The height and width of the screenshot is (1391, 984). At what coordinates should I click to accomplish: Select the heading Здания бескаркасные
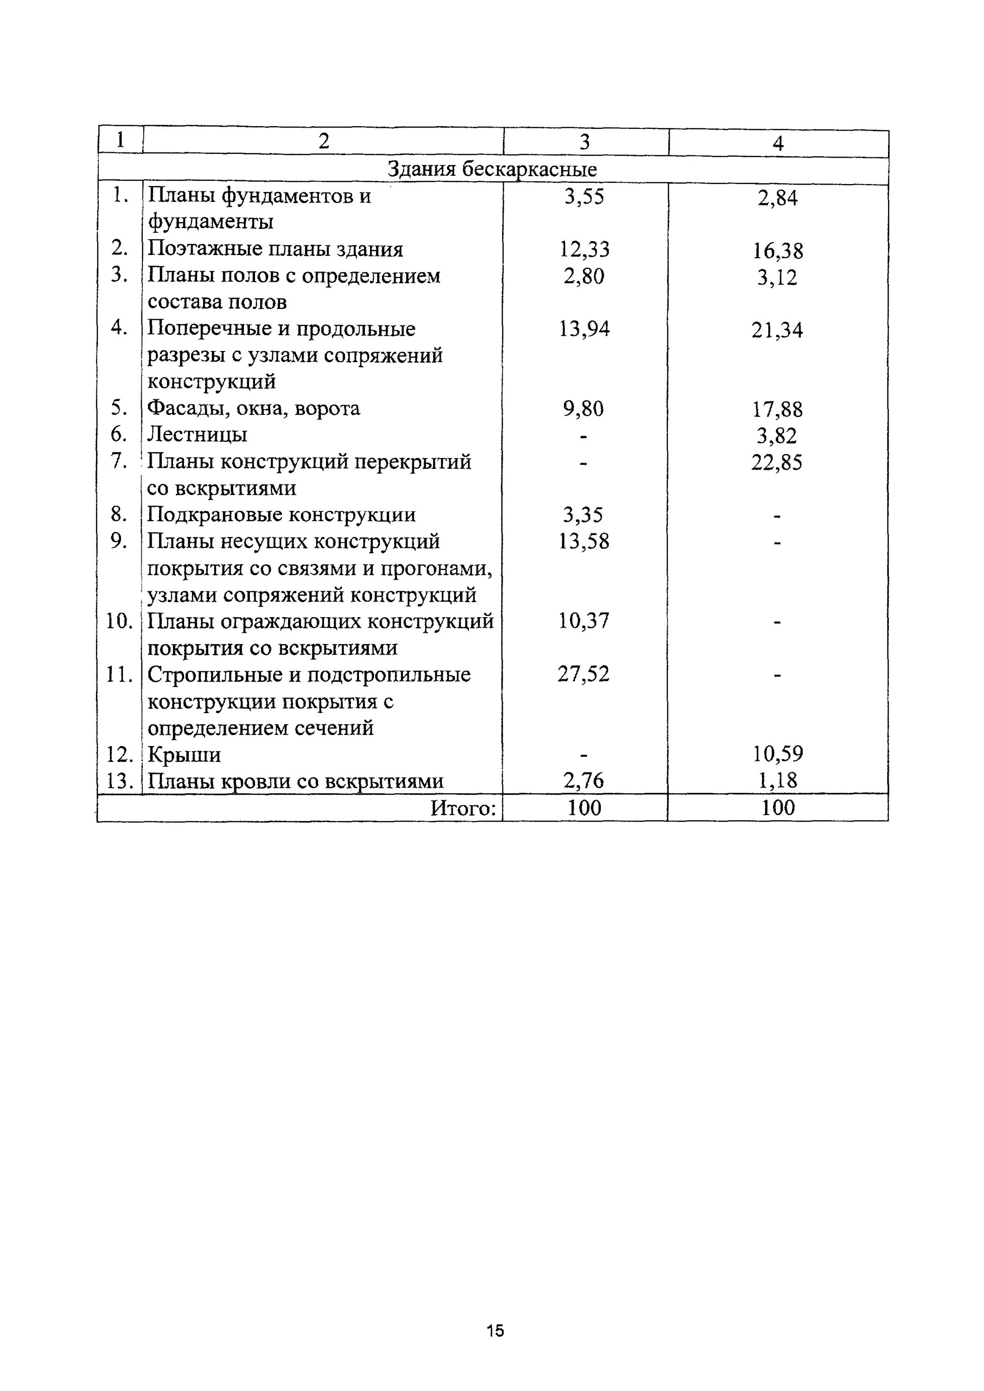click(492, 170)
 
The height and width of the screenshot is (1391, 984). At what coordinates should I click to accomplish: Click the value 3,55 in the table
click(584, 197)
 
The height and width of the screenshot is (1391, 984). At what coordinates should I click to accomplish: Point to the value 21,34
click(777, 330)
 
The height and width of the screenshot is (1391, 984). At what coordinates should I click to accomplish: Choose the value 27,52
click(583, 674)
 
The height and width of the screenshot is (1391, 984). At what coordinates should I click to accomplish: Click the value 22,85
click(777, 463)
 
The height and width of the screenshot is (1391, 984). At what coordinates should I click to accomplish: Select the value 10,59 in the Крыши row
click(778, 754)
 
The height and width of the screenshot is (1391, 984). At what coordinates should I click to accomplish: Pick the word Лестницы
click(198, 435)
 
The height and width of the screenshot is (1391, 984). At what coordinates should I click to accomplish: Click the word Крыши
click(184, 755)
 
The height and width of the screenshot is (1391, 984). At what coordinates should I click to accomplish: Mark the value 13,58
click(583, 541)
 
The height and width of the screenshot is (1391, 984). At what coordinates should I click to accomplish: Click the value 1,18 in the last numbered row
click(778, 780)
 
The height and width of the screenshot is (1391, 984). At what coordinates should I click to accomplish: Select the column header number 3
click(584, 142)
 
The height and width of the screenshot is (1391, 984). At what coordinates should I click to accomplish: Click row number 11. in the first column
click(119, 674)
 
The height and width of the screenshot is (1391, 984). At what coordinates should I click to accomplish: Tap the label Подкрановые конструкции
click(282, 515)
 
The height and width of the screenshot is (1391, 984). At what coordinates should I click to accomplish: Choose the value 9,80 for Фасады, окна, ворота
click(583, 409)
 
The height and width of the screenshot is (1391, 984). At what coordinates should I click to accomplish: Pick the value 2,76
click(583, 780)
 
